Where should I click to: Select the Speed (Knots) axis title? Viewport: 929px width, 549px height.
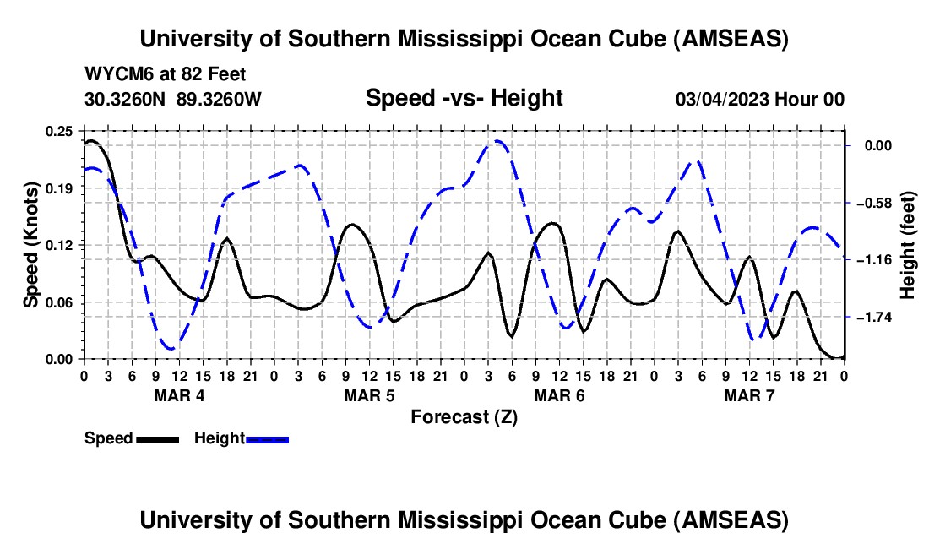tap(30, 244)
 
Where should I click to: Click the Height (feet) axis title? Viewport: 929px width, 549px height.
tap(909, 245)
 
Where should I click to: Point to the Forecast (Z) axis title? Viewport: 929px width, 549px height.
tap(464, 416)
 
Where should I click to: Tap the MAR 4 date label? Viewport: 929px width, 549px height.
tap(178, 395)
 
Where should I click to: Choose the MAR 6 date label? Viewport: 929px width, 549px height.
tap(559, 395)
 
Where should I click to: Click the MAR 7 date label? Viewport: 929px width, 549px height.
tap(749, 395)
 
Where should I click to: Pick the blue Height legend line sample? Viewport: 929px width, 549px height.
tap(267, 439)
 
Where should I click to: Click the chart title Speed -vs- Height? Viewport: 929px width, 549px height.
tap(464, 98)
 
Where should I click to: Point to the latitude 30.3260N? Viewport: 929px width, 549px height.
tap(127, 99)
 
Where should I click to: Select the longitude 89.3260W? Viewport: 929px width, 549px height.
tap(220, 99)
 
